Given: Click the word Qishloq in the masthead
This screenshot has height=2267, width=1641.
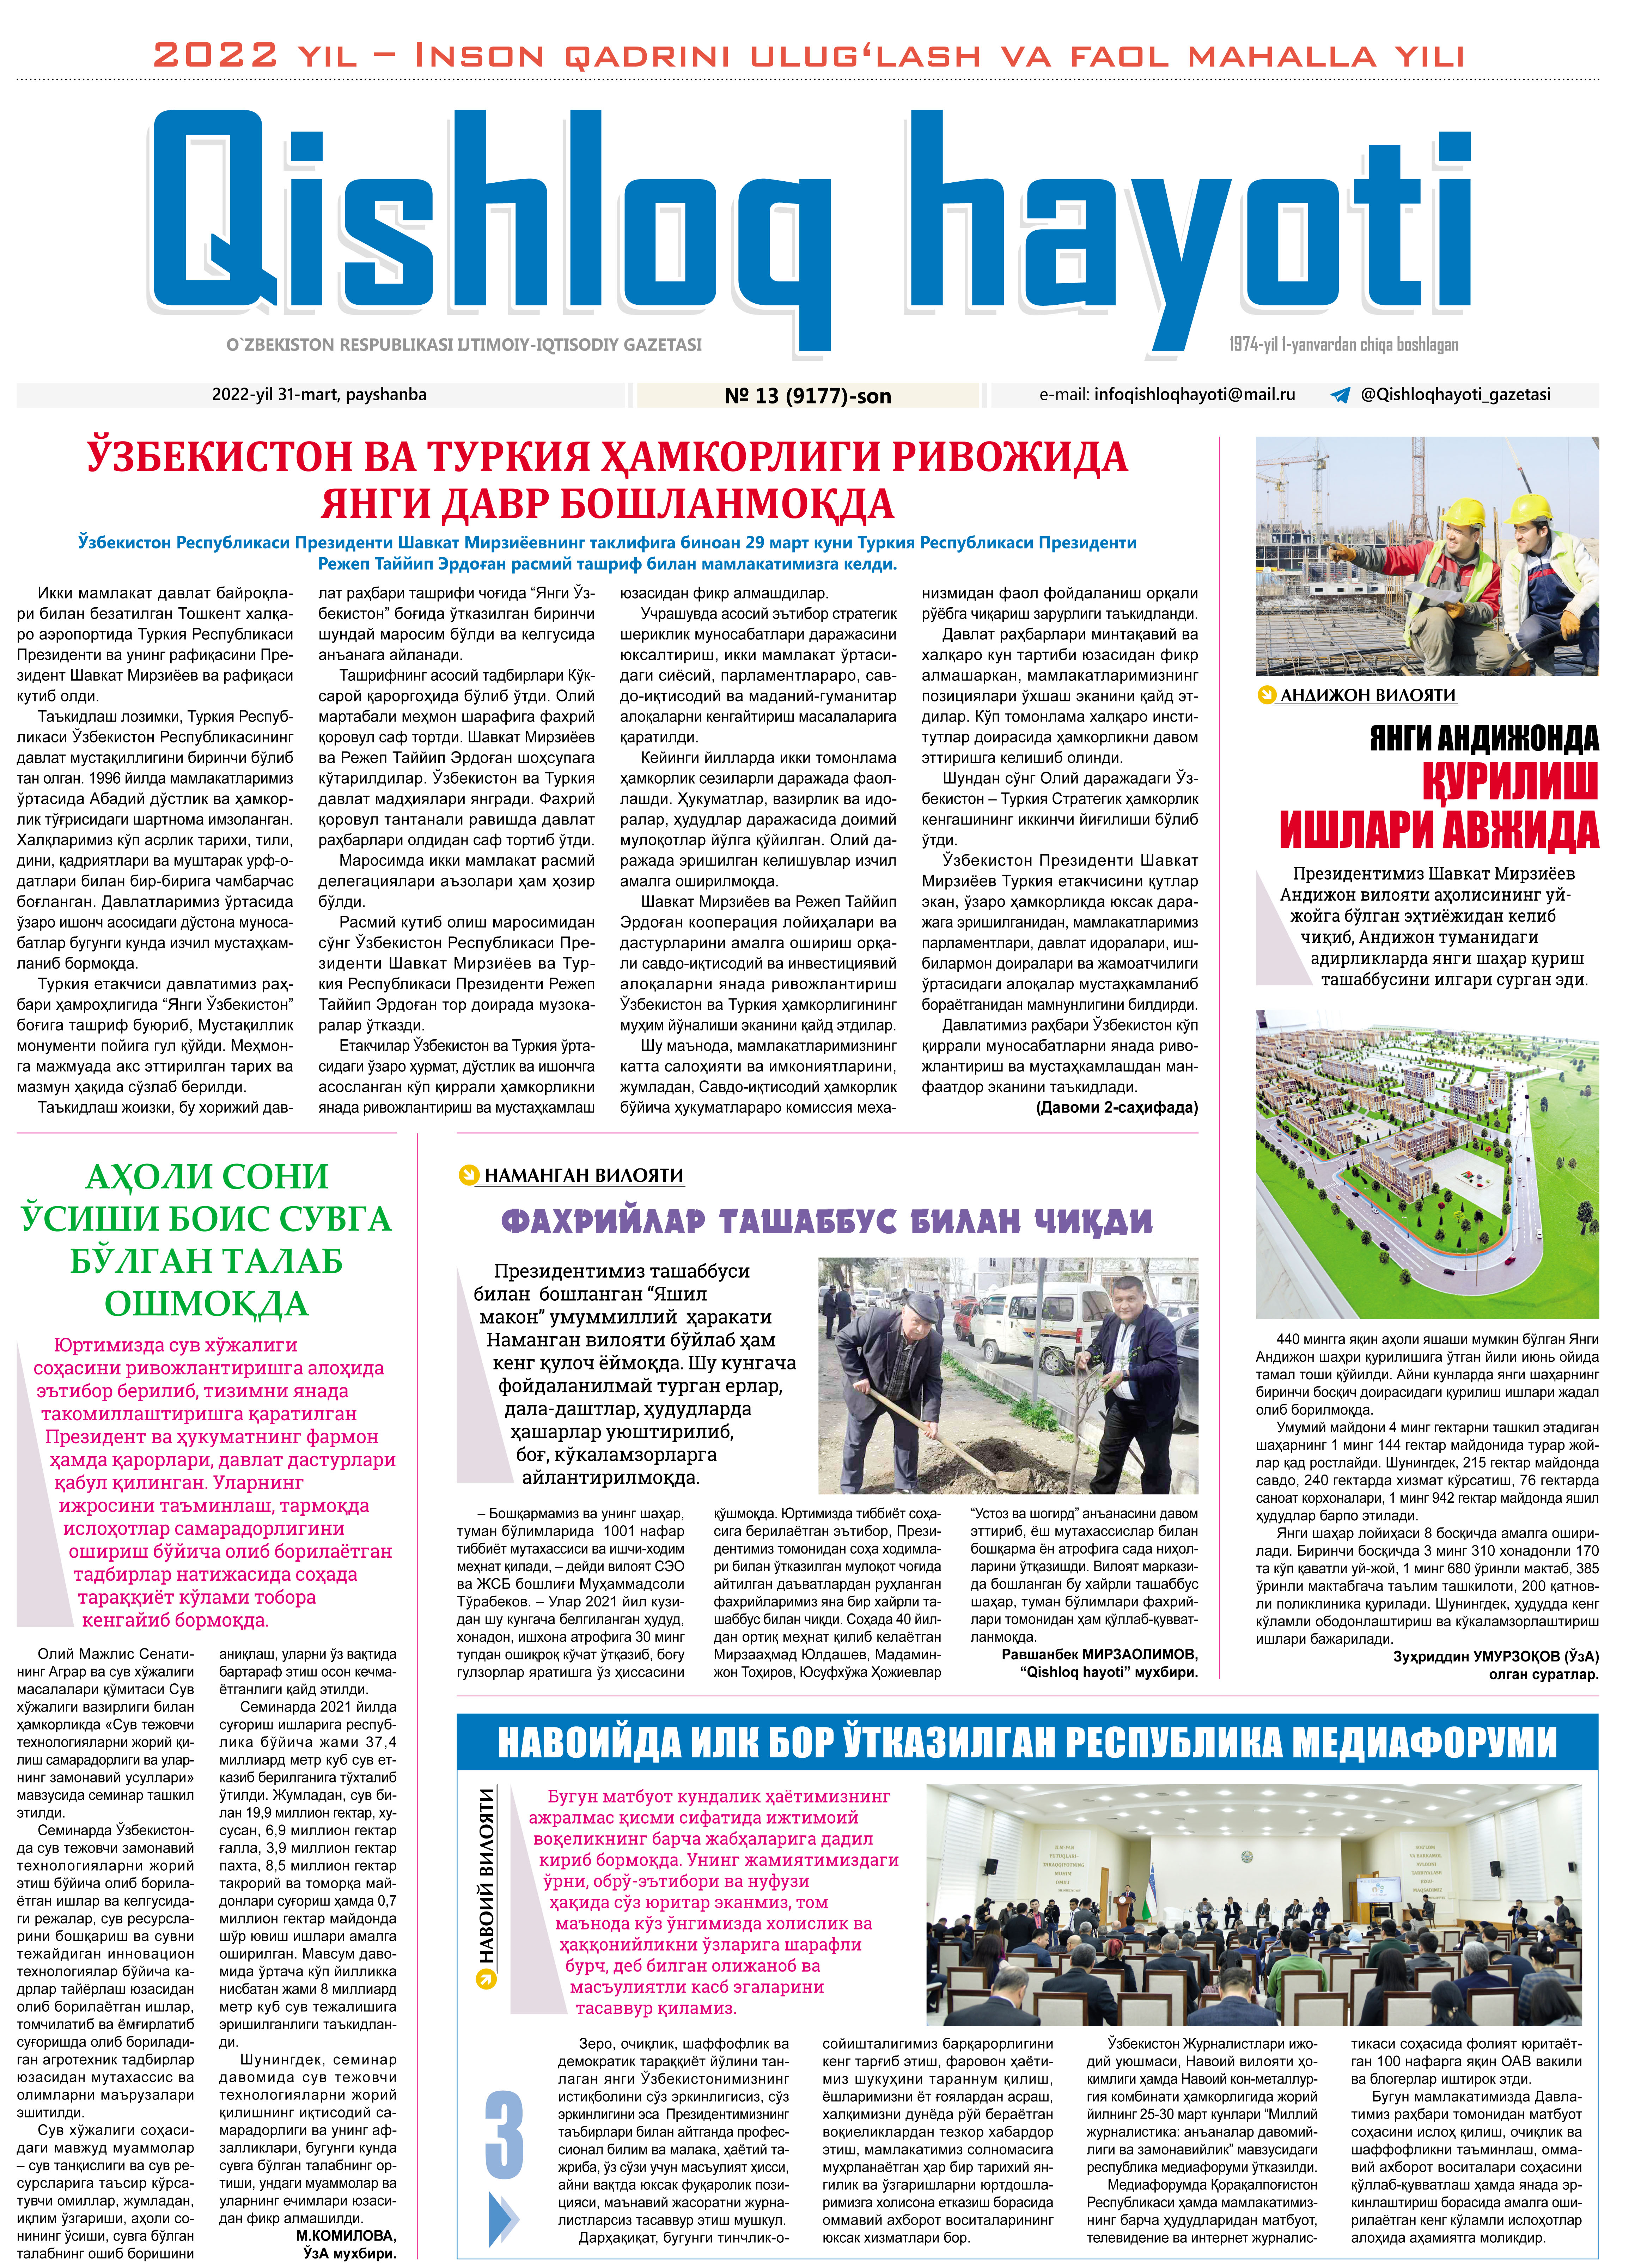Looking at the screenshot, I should [490, 215].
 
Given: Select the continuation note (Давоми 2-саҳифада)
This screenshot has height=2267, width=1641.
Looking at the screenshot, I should [1116, 1107].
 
